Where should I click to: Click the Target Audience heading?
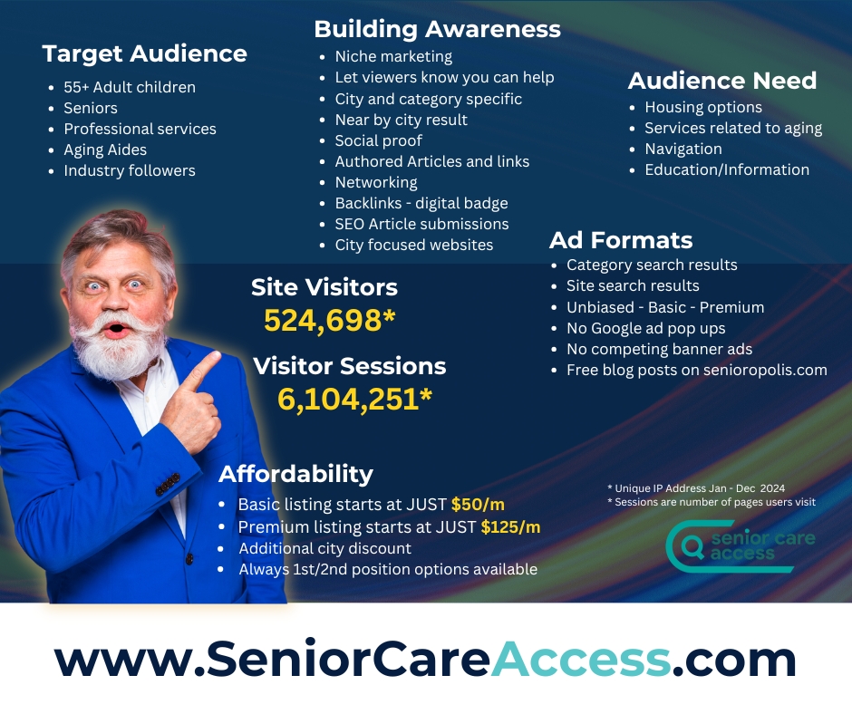(x=144, y=53)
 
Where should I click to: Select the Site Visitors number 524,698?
(x=329, y=320)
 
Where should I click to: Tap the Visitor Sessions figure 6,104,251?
(x=354, y=400)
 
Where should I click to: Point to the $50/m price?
(x=478, y=505)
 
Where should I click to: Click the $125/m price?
(x=510, y=526)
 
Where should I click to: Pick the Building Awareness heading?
(x=437, y=29)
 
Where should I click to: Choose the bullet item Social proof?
(x=378, y=140)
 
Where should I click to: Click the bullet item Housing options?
(x=703, y=107)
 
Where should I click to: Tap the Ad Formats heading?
(x=621, y=240)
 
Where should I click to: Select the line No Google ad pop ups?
(x=645, y=328)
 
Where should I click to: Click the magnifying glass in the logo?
(x=692, y=546)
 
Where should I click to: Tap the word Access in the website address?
(x=580, y=659)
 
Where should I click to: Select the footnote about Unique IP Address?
(x=696, y=488)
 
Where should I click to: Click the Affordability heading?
(x=295, y=474)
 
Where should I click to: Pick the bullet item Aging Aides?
(x=105, y=150)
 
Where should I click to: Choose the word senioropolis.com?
(x=765, y=370)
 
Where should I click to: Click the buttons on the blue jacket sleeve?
(x=168, y=484)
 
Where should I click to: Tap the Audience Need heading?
(x=722, y=81)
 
